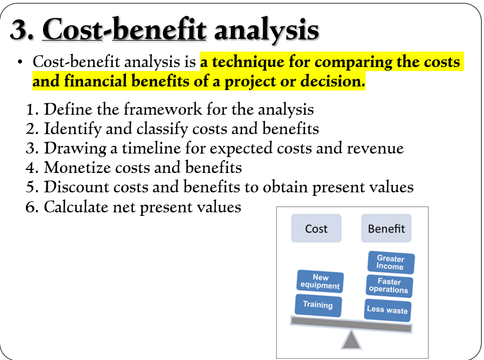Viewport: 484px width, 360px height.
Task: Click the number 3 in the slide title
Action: [x=20, y=29]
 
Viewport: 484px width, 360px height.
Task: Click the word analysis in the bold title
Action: [x=267, y=31]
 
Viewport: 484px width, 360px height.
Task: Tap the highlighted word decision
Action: [x=333, y=81]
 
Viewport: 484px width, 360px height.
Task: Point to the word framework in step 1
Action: [x=163, y=109]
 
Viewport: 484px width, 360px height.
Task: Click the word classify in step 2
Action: [x=162, y=129]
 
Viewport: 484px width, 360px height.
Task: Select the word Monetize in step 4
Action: [x=78, y=168]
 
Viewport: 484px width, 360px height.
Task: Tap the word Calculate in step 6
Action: [x=76, y=206]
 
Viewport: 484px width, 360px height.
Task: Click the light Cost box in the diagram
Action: [x=316, y=228]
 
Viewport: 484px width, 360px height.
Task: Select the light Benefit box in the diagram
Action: [x=386, y=228]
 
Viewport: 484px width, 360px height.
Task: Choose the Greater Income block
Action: [x=391, y=262]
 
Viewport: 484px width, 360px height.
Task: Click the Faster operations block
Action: [x=389, y=286]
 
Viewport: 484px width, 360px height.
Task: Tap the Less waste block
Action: [x=387, y=310]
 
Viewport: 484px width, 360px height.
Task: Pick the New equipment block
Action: [x=320, y=281]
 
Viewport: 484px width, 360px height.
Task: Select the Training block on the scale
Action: [x=318, y=305]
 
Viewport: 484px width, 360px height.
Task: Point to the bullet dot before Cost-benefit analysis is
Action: [x=20, y=62]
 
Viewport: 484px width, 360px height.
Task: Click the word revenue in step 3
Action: [x=375, y=149]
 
